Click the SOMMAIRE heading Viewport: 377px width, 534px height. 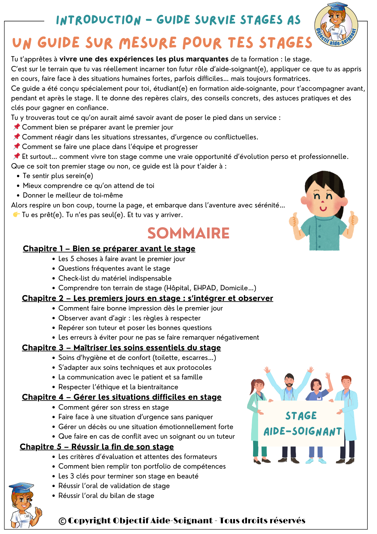point(188,233)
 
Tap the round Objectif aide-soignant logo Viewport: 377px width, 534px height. point(336,25)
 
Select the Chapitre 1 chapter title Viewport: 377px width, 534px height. point(109,249)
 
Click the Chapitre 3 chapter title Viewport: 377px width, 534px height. point(121,348)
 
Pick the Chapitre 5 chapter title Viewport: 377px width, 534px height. point(97,447)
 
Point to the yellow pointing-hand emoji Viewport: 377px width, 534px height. point(16,215)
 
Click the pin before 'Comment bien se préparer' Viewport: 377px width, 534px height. point(17,127)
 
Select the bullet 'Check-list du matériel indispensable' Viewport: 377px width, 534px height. point(115,278)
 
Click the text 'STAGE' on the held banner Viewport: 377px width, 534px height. point(301,416)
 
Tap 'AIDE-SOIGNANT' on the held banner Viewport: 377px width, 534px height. point(303,432)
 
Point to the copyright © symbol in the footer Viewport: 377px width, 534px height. point(62,521)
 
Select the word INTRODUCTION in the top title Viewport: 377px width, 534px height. point(98,20)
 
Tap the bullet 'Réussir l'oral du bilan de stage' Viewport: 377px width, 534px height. point(106,496)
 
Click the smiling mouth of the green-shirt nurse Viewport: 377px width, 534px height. point(323,208)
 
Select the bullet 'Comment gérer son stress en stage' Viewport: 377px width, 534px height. point(114,407)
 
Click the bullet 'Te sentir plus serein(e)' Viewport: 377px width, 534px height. point(58,176)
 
